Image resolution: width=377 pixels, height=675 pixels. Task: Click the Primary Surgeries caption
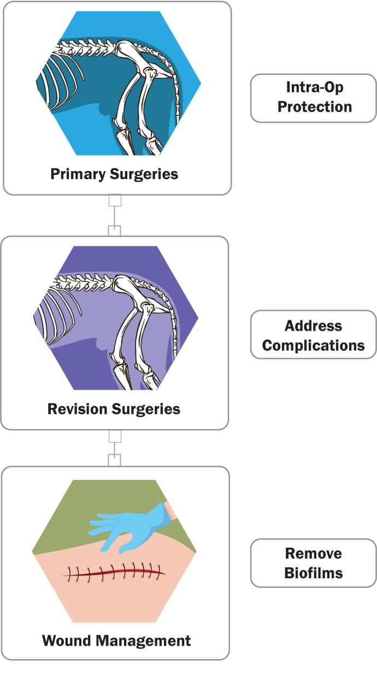click(x=114, y=174)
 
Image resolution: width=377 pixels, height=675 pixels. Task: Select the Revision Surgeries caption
click(x=114, y=408)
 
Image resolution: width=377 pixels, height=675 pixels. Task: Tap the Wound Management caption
click(x=116, y=640)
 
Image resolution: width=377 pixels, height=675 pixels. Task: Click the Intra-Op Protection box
click(x=313, y=97)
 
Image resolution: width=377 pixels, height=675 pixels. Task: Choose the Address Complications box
click(x=313, y=335)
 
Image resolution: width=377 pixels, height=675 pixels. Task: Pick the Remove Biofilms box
click(x=313, y=562)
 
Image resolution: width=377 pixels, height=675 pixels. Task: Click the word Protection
click(x=314, y=107)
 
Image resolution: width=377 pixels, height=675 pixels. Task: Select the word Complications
click(x=313, y=345)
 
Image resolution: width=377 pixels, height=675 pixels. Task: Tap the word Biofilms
click(x=313, y=573)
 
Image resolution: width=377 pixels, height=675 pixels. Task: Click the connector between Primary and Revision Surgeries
click(x=114, y=215)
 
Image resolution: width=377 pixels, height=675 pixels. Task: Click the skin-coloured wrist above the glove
click(x=170, y=510)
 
